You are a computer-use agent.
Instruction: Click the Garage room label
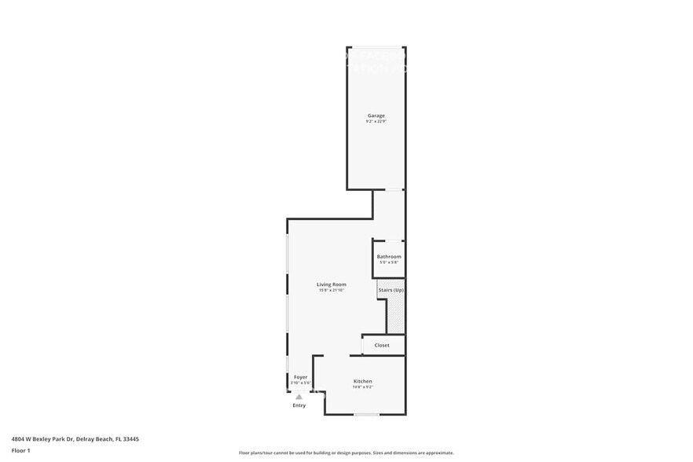coord(376,115)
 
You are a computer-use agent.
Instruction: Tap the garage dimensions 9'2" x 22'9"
coord(376,122)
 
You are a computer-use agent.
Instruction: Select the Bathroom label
coord(389,257)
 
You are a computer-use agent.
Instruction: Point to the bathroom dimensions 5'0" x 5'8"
coord(389,262)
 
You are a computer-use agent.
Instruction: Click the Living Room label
coord(332,284)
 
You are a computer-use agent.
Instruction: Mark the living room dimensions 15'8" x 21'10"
coord(332,290)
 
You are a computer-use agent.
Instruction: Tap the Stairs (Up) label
coord(390,290)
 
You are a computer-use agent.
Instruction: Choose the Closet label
coord(382,345)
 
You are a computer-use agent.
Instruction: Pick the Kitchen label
coord(362,381)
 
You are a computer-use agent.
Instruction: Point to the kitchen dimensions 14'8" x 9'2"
coord(362,387)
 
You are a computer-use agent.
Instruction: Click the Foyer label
coord(300,377)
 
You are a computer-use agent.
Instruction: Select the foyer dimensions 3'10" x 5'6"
coord(300,383)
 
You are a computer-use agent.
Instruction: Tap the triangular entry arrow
coord(299,398)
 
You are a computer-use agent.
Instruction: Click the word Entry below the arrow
coord(299,405)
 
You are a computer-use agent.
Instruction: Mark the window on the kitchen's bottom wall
coord(366,414)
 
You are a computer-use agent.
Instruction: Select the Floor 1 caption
coord(20,450)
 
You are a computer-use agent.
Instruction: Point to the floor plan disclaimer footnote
coord(346,453)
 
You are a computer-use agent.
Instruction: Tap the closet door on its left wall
coord(362,345)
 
